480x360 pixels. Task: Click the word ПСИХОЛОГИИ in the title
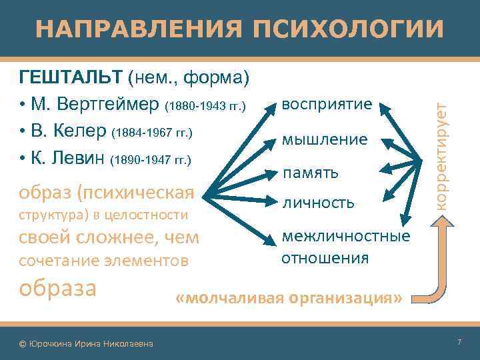347,29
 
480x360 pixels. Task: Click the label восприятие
326,105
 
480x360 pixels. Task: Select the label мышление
325,139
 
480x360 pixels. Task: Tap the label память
310,173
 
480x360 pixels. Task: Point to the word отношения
325,257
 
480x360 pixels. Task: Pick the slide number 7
459,343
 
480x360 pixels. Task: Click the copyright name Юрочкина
53,343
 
